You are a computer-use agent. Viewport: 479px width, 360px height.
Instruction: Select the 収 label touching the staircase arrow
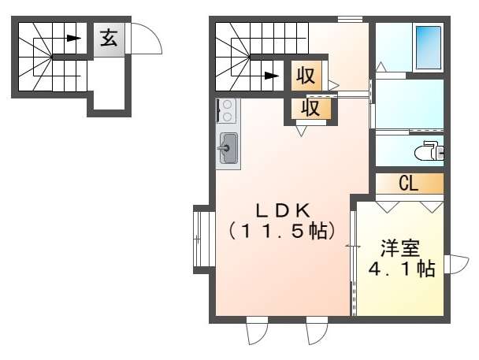306,76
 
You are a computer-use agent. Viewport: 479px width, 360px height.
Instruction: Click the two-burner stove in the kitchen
228,111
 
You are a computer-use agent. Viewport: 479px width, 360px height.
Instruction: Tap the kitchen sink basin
228,147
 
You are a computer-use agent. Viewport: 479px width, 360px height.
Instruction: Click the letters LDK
283,210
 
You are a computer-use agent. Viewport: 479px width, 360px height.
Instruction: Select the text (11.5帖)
283,232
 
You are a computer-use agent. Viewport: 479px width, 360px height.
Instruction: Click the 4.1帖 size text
402,269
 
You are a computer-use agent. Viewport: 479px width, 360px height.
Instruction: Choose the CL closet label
408,184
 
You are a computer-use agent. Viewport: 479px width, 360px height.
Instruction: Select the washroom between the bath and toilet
409,103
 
